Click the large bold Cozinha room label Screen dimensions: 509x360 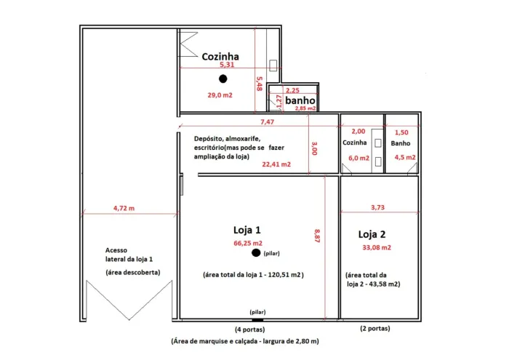[x=220, y=57]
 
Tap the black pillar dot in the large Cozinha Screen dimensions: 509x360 [x=223, y=79]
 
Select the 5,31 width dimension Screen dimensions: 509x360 [x=227, y=64]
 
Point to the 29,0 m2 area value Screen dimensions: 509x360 [x=220, y=95]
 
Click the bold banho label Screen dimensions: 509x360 [x=300, y=100]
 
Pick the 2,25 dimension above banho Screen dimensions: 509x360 [x=292, y=90]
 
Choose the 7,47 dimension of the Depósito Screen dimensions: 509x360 [x=267, y=121]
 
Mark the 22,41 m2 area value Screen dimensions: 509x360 [x=276, y=164]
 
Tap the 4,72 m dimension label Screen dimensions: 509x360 [x=124, y=208]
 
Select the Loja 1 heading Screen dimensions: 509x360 [x=247, y=230]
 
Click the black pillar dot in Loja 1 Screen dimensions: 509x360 [x=256, y=252]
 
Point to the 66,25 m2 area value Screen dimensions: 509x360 [x=248, y=243]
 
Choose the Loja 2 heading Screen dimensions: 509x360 [x=372, y=234]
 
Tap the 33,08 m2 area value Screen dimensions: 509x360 [x=377, y=247]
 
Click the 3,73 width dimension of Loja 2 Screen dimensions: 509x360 [x=377, y=207]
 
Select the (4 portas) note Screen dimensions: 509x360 [x=249, y=329]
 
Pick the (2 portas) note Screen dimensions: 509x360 [x=375, y=328]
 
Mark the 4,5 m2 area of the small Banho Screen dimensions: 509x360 [x=405, y=157]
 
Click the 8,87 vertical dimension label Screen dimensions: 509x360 [x=317, y=236]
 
